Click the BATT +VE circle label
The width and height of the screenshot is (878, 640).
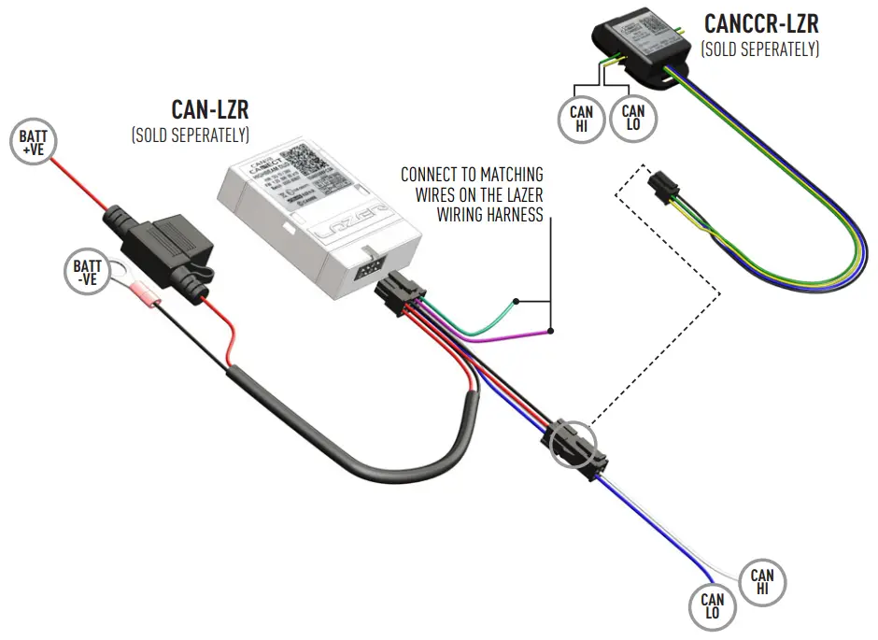pos(34,143)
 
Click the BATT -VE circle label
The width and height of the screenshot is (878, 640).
pos(88,272)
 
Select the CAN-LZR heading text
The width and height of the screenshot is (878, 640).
pos(210,110)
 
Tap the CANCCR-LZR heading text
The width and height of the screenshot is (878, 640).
pos(761,22)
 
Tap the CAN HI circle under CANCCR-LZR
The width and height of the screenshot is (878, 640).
pos(581,120)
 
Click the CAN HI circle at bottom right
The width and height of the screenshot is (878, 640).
pos(762,582)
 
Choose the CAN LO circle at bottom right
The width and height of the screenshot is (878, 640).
pos(713,606)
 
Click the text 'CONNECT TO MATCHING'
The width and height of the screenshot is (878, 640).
pos(472,175)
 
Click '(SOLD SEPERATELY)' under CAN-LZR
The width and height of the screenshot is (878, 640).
pos(191,135)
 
